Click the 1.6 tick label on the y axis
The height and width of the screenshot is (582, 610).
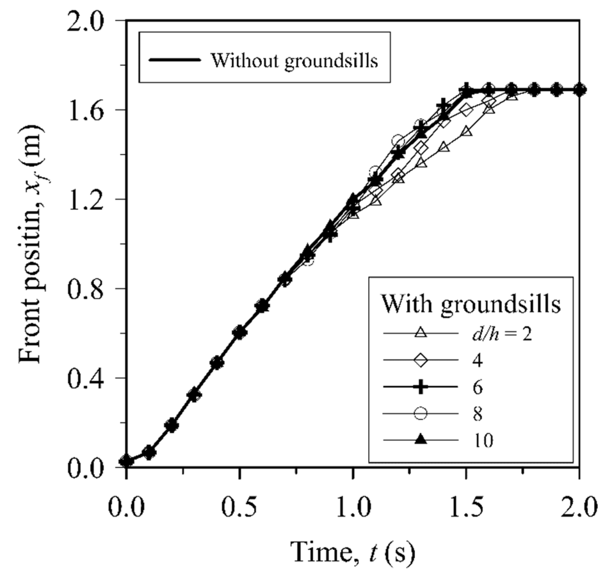tap(87, 109)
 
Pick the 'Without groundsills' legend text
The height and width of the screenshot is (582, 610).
tap(294, 60)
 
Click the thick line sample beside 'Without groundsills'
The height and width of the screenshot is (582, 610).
tap(174, 60)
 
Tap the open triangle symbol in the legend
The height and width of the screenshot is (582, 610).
tap(420, 333)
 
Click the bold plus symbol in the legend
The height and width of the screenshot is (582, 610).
tap(420, 387)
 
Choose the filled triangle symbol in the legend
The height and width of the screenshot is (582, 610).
tap(420, 440)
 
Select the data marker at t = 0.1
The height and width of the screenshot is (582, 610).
tap(149, 452)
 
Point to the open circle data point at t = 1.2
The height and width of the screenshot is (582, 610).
tap(398, 141)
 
